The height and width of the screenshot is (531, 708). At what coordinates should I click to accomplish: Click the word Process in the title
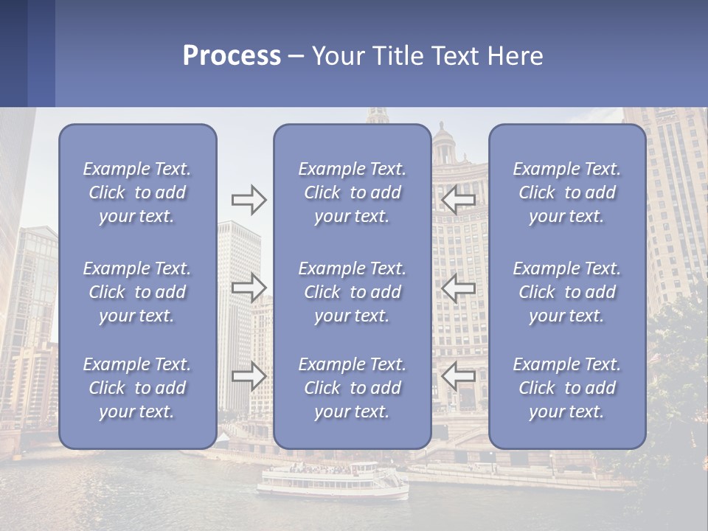pos(232,56)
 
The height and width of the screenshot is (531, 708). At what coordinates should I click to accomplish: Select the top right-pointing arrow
pos(249,199)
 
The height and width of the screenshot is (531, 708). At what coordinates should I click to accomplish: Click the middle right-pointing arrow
pos(249,287)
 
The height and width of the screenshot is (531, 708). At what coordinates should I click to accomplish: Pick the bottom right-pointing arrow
pos(249,376)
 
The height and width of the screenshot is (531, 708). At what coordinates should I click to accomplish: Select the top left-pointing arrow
pos(458,199)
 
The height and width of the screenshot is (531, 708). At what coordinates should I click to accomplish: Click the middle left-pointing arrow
pos(458,287)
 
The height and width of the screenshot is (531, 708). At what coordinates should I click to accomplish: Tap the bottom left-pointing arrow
pos(458,376)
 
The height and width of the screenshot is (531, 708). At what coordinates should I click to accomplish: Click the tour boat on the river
pos(332,480)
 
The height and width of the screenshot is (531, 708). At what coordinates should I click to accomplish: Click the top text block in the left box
pos(137,192)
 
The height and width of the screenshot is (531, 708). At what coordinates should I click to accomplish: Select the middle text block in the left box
pos(137,292)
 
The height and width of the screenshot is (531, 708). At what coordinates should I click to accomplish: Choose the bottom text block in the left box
pos(137,388)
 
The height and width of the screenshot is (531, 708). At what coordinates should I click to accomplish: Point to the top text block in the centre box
pos(353,192)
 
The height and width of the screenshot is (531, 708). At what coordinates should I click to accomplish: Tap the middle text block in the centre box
pos(353,292)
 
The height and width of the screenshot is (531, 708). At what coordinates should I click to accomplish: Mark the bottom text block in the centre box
pos(353,388)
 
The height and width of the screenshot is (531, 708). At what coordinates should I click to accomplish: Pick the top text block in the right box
pos(567,192)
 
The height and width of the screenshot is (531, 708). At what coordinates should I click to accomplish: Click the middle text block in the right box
pos(567,292)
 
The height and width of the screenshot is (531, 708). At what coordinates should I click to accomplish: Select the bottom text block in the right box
pos(567,388)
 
